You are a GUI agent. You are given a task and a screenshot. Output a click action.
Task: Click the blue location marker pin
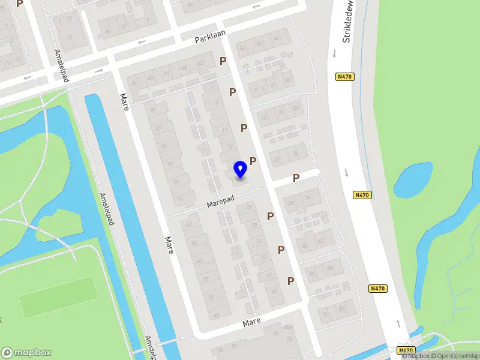click(x=240, y=169)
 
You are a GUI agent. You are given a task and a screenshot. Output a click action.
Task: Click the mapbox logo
click(x=26, y=352)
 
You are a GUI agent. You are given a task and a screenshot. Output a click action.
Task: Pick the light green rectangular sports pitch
click(x=58, y=296)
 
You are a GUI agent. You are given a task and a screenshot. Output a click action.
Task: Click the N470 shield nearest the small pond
click(x=361, y=194)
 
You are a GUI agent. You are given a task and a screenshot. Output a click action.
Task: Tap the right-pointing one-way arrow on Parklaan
click(x=100, y=71)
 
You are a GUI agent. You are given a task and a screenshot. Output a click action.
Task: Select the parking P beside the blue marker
click(x=253, y=161)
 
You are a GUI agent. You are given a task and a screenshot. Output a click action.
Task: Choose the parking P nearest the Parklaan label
click(x=223, y=61)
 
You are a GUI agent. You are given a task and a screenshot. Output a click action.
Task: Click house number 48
click(x=184, y=67)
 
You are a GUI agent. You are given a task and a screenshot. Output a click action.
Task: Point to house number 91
click(x=152, y=110)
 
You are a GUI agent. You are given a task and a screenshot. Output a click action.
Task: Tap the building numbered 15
click(x=229, y=146)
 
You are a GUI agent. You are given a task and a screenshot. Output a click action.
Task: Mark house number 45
click(x=274, y=290)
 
